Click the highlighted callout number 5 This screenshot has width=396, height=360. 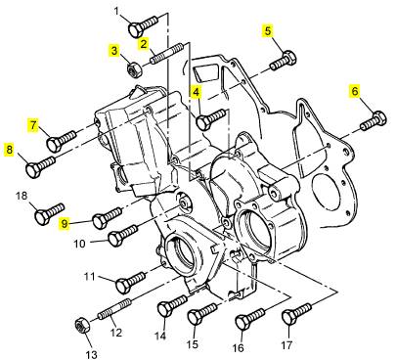click(268, 31)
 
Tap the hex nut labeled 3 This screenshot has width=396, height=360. click(133, 69)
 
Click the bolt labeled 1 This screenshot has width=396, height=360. click(144, 26)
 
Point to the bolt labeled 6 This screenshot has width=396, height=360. click(374, 121)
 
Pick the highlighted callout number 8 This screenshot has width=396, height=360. click(9, 150)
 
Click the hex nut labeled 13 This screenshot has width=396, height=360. click(82, 326)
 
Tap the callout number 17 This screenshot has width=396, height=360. click(287, 345)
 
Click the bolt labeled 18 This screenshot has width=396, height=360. click(50, 213)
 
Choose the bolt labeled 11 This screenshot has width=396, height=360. click(131, 283)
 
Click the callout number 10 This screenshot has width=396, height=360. click(79, 244)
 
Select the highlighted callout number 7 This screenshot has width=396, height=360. click(33, 125)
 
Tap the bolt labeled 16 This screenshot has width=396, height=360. click(250, 319)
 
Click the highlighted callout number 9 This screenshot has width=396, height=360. click(65, 224)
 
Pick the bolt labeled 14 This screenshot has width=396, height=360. click(172, 305)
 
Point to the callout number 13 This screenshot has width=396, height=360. click(92, 354)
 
